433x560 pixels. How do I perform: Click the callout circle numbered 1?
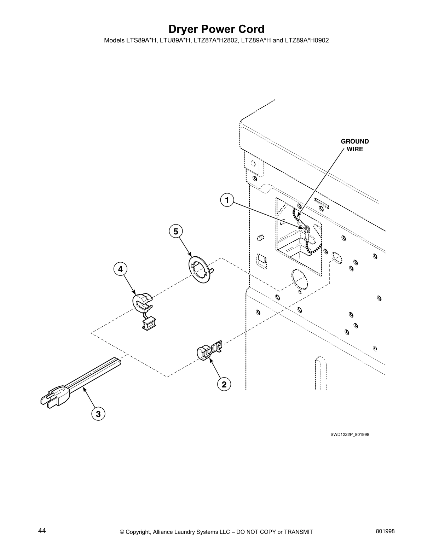coord(226,200)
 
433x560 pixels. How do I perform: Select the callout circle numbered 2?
coord(224,384)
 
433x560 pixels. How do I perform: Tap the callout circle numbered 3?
coord(98,414)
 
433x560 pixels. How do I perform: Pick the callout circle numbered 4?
coord(120,269)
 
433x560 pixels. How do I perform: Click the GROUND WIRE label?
coord(354,145)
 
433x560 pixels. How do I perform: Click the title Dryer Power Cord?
coord(216,29)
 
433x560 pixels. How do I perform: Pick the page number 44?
coord(42,531)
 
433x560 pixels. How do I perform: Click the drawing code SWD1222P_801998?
coord(350,434)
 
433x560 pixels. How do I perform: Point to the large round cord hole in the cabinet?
coord(300,279)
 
